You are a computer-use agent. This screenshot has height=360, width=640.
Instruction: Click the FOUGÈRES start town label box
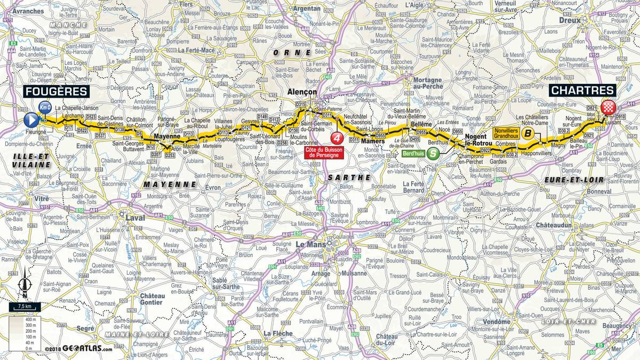(x=56, y=92)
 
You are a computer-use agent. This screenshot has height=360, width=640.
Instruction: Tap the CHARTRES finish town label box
(x=582, y=91)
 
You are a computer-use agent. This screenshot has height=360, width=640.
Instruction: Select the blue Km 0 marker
(x=46, y=107)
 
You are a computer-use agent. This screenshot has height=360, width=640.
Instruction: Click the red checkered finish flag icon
(x=607, y=108)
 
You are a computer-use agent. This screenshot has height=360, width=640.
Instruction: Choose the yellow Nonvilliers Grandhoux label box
(x=506, y=133)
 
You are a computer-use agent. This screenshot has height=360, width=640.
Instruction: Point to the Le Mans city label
(x=309, y=244)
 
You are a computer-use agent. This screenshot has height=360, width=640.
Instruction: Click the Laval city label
(x=134, y=218)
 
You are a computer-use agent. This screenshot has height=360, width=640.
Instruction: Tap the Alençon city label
(x=301, y=92)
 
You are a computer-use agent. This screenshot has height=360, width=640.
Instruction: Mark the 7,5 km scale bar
(x=23, y=307)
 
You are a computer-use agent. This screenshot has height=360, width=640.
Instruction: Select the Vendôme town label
(x=497, y=322)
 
